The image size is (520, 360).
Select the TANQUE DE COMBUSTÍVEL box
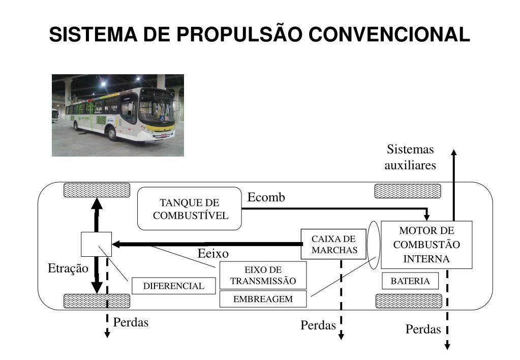[x=190, y=208]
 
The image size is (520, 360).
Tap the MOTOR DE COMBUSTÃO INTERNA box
[x=426, y=245]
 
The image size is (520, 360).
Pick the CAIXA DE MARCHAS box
[x=334, y=245]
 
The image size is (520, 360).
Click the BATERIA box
[x=410, y=281]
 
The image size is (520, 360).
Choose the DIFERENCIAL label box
[x=173, y=286]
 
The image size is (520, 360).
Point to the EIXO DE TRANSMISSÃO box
[x=263, y=275]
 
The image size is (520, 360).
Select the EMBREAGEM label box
[x=263, y=299]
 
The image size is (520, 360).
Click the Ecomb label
[x=266, y=197]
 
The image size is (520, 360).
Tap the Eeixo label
[x=213, y=253]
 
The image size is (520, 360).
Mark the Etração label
[x=68, y=268]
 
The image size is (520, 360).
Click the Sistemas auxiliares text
[x=410, y=157]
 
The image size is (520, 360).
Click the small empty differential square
[x=96, y=244]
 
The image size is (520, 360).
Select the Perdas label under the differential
[x=131, y=322]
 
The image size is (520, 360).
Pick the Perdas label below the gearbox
[x=318, y=325]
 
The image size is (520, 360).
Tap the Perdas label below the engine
[x=423, y=329]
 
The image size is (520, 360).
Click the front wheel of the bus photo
[x=112, y=134]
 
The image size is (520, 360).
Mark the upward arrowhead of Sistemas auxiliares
[x=454, y=152]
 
